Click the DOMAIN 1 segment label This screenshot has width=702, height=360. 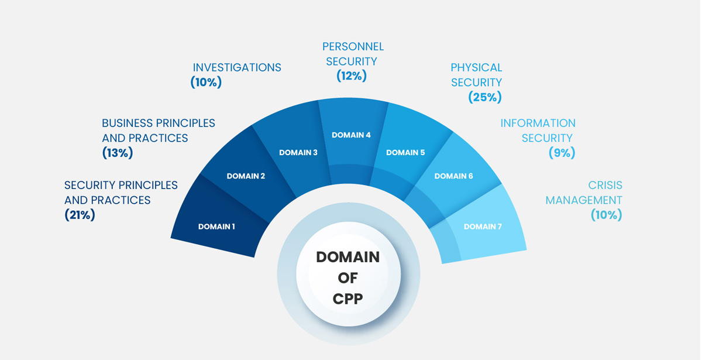216,227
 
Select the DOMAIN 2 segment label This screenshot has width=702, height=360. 246,176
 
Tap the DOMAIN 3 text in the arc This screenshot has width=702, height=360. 298,153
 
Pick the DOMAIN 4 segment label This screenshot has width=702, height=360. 351,135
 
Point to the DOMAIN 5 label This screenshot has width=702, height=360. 405,153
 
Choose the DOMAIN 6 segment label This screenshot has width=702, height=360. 453,176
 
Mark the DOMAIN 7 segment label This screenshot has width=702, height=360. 483,227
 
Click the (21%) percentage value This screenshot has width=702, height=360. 80,215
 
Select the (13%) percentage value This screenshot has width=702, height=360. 118,153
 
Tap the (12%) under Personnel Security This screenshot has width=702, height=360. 352,76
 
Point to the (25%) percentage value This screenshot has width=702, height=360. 485,97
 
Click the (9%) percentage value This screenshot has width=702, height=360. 562,153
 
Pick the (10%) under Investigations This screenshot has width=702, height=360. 206,83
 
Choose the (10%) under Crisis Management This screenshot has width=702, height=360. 606,215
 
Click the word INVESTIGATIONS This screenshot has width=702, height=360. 237,67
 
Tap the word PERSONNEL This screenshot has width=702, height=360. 353,46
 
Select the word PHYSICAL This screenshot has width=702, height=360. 476,67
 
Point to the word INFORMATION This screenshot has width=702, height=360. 538,123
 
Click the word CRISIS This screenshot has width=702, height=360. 605,185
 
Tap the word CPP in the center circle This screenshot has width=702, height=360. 347,299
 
